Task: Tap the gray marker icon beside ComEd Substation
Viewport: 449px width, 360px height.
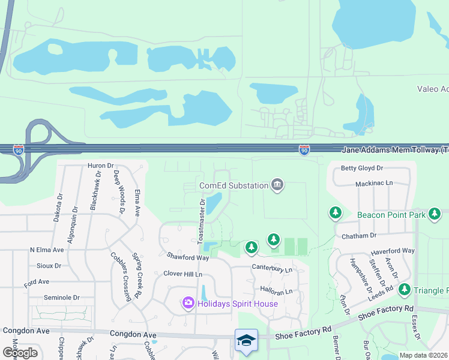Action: [x=277, y=184]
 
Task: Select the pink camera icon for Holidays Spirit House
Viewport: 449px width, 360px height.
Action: [x=188, y=304]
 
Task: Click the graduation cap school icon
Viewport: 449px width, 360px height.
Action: [x=246, y=340]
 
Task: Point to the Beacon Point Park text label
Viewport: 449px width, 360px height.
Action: [x=391, y=214]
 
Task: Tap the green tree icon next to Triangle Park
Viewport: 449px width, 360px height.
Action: [x=404, y=290]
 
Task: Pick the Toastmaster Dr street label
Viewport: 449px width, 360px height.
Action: [x=202, y=221]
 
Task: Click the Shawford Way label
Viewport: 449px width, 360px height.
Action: [x=187, y=257]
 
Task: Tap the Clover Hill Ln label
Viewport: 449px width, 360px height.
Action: [x=182, y=274]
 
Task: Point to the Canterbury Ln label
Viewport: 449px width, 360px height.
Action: [x=271, y=268]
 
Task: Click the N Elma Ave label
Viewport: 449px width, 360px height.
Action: [x=47, y=250]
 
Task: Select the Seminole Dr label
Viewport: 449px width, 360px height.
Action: [x=62, y=298]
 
